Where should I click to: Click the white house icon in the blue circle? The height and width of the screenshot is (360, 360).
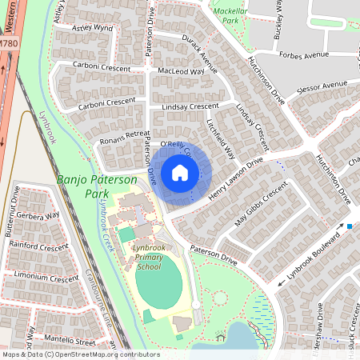click(180, 173)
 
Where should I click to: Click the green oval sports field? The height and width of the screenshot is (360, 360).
click(164, 285)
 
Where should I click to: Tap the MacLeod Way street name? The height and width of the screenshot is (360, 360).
click(181, 71)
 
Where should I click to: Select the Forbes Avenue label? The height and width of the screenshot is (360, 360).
click(303, 54)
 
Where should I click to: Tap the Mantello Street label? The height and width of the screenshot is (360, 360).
click(68, 342)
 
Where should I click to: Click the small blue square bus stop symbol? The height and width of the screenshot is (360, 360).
click(350, 226)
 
